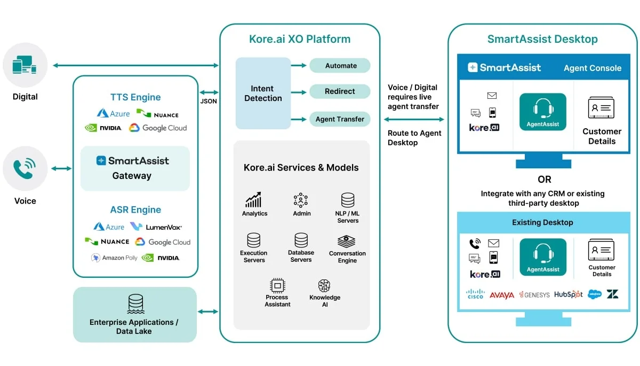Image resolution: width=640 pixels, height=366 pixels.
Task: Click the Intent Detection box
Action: [263, 94]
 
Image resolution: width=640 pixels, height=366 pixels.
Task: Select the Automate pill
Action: [340, 66]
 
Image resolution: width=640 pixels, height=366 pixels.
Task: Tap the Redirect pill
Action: [340, 91]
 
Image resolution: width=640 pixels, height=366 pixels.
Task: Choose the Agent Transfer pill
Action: [340, 119]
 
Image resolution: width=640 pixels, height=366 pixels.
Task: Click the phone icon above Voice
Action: [25, 169]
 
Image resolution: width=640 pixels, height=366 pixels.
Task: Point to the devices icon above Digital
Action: [25, 66]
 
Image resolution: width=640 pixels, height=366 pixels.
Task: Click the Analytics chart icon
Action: [254, 200]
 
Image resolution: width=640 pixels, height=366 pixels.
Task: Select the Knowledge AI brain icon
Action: [324, 285]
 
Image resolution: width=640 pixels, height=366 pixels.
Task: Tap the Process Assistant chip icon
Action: [277, 285]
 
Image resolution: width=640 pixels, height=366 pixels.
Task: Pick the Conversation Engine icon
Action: [347, 242]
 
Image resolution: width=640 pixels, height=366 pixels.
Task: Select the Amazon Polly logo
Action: [114, 258]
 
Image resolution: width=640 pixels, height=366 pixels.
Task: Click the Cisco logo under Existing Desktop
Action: [475, 294]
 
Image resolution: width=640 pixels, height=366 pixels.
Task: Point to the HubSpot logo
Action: [568, 294]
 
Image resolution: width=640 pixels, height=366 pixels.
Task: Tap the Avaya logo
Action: [501, 295]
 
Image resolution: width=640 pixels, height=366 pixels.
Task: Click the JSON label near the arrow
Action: [209, 101]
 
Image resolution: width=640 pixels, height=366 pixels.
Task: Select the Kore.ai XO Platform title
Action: [300, 39]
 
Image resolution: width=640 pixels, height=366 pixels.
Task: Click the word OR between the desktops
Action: [544, 180]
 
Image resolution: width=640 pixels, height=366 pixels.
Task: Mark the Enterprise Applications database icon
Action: [135, 304]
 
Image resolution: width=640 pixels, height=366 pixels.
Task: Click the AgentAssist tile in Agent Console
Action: [543, 112]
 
